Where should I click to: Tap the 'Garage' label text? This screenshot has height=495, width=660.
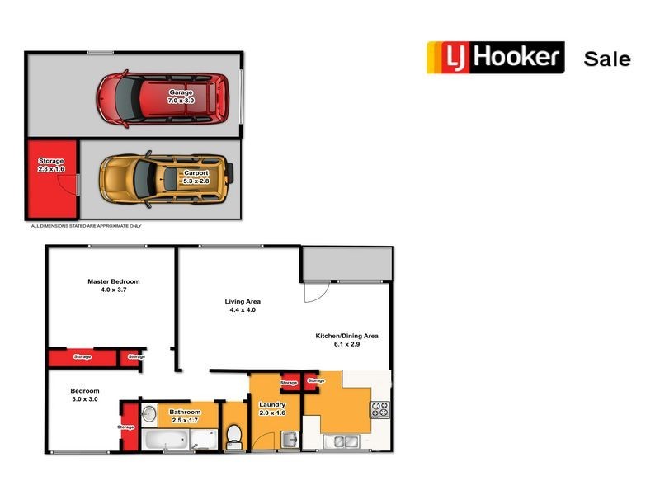click(x=181, y=92)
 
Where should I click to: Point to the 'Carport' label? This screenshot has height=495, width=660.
click(x=196, y=172)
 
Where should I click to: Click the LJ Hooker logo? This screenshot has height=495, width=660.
click(x=495, y=58)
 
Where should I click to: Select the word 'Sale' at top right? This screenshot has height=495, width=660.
click(x=606, y=59)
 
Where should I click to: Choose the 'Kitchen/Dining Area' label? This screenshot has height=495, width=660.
click(x=346, y=336)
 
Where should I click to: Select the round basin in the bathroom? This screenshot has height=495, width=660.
click(x=148, y=414)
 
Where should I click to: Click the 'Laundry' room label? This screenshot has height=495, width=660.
click(x=271, y=404)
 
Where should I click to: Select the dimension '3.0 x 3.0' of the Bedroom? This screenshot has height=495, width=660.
click(x=84, y=398)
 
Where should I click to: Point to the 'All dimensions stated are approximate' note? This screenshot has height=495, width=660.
click(x=86, y=225)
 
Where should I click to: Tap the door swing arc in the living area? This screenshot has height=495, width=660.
click(x=313, y=291)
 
